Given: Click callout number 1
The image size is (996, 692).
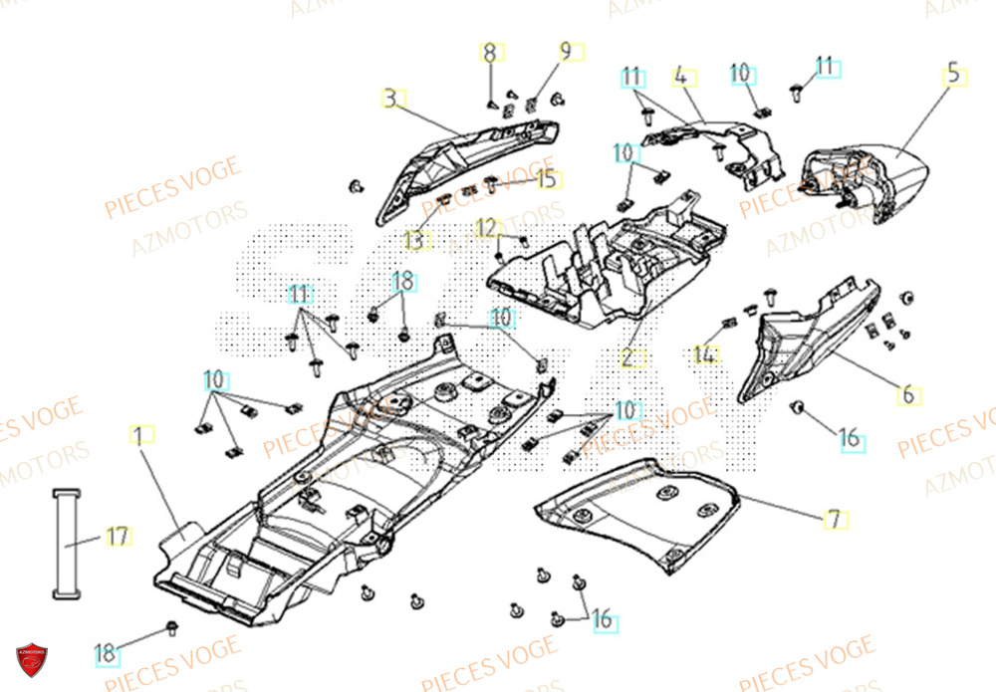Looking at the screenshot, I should pos(140,435).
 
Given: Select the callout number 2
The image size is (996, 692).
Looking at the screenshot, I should pos(630,358).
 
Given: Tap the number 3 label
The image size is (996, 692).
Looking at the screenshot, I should pos(391,99).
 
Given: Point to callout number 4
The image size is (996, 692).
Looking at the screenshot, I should pos(681,76).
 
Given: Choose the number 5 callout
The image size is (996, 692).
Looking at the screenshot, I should pos(954,73).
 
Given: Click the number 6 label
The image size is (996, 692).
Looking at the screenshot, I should pos(908,395).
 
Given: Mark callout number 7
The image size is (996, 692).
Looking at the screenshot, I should pos(834,518).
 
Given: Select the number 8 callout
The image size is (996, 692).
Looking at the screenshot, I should pos(490,52).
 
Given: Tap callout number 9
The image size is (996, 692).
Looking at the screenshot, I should pos(565,52).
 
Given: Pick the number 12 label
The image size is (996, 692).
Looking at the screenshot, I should pos(485,228).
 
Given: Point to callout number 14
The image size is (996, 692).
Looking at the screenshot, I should pos(704,353).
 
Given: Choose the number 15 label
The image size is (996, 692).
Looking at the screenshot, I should pos(547,179).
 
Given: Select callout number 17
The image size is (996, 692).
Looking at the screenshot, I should pos(118,538).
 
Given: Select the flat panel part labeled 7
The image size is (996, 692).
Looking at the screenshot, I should pos(637,513).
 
